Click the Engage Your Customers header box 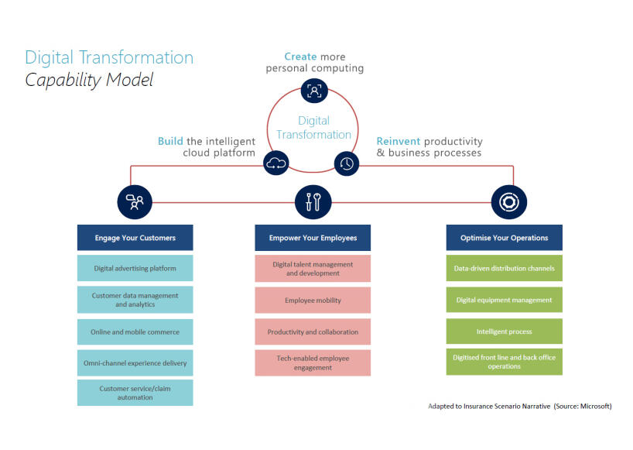[x=135, y=238]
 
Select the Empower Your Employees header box [x=313, y=238]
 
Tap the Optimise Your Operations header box [x=504, y=238]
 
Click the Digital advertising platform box [x=135, y=269]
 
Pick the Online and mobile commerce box [x=135, y=332]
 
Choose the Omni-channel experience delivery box [x=135, y=362]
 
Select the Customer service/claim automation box [x=135, y=393]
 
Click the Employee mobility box [x=313, y=300]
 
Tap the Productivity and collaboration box [x=313, y=332]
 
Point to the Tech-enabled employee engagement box [x=313, y=362]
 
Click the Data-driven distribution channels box [x=504, y=269]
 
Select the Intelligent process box [x=504, y=332]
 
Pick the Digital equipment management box [x=504, y=300]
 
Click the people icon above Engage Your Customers [x=135, y=202]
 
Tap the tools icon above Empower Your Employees [x=313, y=202]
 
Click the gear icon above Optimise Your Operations [x=509, y=202]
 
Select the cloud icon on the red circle [x=276, y=163]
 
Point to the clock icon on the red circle [x=347, y=163]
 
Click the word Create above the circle [x=300, y=57]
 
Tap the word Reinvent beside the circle [x=398, y=141]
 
